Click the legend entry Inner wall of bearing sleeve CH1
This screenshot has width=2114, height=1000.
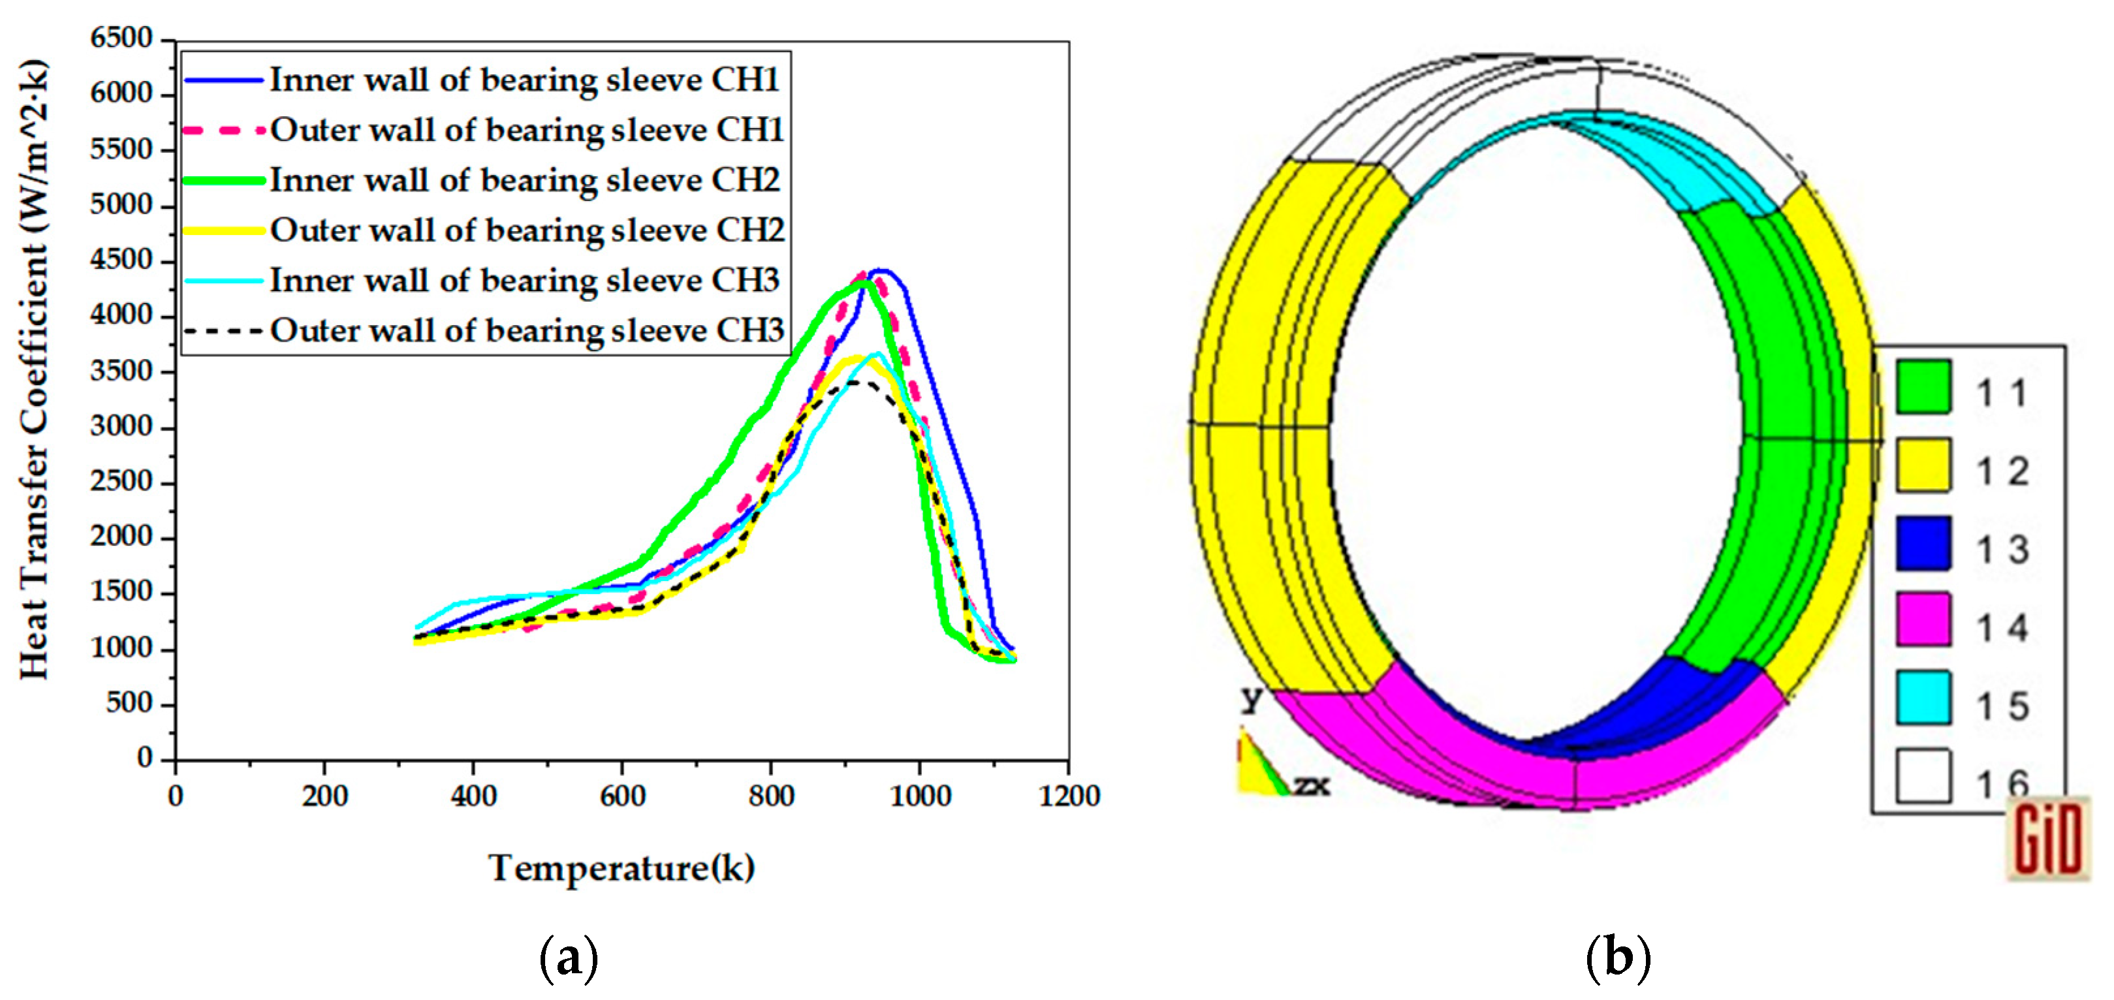[x=524, y=80]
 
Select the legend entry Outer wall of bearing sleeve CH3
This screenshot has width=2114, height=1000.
[x=526, y=330]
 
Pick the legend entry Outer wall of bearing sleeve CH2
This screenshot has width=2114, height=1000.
[x=526, y=230]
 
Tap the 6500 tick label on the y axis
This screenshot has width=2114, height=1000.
[x=121, y=38]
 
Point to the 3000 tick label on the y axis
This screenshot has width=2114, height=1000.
[x=121, y=427]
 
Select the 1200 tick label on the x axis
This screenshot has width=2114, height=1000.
[x=1069, y=796]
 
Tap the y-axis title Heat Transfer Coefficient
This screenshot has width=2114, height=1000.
[x=35, y=369]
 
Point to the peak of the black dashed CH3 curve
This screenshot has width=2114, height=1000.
[x=853, y=383]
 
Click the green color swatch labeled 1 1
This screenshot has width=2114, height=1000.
[x=1923, y=386]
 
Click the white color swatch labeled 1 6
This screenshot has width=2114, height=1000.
[x=1923, y=775]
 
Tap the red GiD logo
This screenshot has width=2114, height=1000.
[x=2047, y=838]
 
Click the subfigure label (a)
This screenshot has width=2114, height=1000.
[x=568, y=958]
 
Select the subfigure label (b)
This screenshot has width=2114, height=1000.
[x=1618, y=958]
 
